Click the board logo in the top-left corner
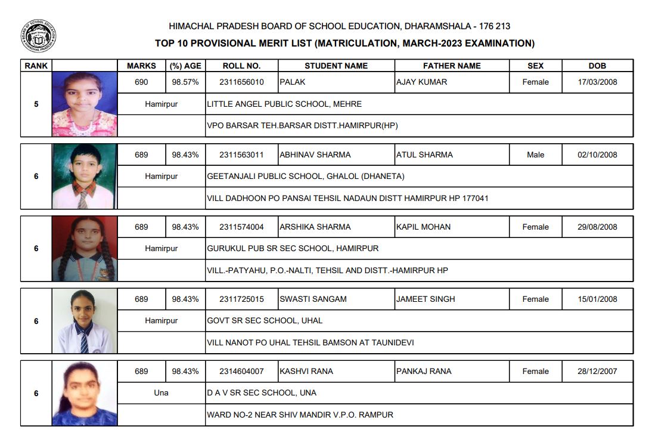(38, 36)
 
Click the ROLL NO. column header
(241, 66)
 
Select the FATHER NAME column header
(452, 66)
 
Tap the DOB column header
(597, 66)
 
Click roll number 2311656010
(241, 82)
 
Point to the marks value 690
(141, 82)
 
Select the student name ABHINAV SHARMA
(315, 154)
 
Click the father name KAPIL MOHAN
(423, 227)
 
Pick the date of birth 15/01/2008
(597, 299)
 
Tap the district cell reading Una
(161, 392)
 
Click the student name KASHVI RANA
(306, 371)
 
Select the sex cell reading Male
(535, 154)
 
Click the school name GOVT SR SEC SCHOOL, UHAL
(265, 320)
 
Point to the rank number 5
(36, 104)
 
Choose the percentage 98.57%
(185, 82)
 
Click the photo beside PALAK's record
(84, 104)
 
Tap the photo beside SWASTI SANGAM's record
(84, 321)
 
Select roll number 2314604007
(241, 371)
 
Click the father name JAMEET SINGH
(426, 299)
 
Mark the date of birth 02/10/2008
(597, 154)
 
